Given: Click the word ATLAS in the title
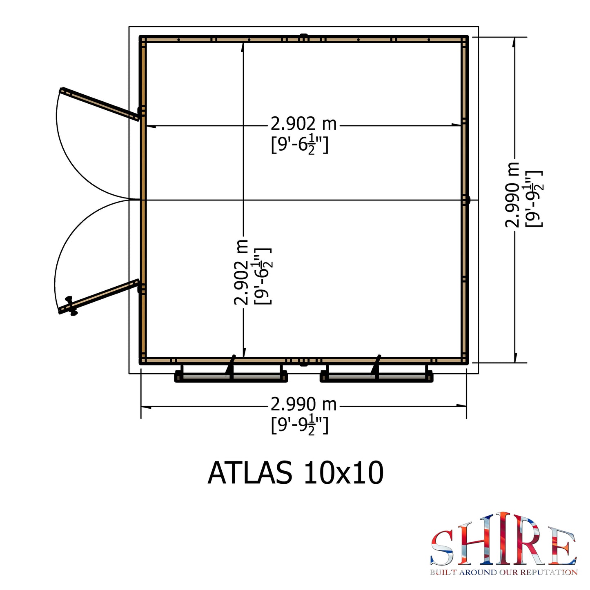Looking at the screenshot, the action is click(x=250, y=473).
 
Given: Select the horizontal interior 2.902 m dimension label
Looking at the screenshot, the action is click(x=303, y=124).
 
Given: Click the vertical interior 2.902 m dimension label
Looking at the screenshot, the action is click(x=241, y=272).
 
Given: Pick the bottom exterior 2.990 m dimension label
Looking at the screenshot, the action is click(x=303, y=404).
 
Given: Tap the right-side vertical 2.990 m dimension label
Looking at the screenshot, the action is click(x=512, y=195).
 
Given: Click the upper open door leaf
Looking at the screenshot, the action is click(x=100, y=104).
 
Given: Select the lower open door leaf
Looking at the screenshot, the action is click(x=98, y=296).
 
